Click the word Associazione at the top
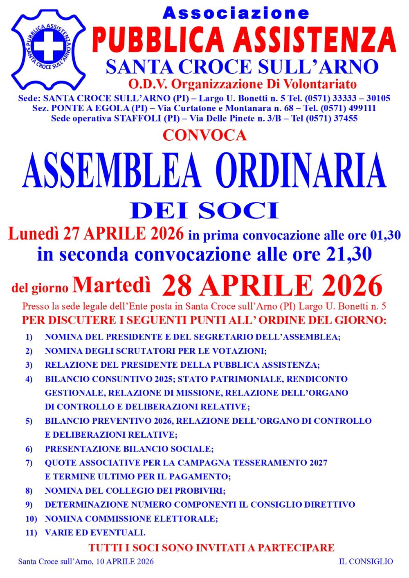[x=236, y=13]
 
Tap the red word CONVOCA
[x=204, y=135]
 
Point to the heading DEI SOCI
[x=204, y=210]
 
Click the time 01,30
[x=385, y=235]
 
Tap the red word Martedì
[x=112, y=285]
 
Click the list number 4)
[x=29, y=379]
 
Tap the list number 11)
[x=31, y=533]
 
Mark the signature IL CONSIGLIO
[x=366, y=562]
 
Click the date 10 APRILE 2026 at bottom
[x=125, y=562]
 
